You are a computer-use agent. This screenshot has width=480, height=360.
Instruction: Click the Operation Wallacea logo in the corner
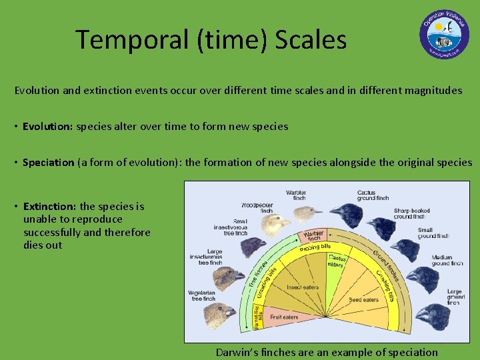point(444,33)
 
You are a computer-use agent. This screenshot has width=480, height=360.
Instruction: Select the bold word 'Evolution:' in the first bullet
point(48,126)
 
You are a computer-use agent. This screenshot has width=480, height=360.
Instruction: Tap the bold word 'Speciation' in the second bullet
point(49,162)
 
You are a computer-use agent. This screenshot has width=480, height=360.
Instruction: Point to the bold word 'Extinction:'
point(50,207)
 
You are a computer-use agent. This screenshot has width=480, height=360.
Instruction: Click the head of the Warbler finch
point(307,213)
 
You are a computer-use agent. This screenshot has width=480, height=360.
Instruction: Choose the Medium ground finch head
point(421,275)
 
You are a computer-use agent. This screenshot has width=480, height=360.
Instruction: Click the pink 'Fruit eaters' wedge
point(283,317)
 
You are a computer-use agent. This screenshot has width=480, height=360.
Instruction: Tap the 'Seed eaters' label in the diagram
point(363,300)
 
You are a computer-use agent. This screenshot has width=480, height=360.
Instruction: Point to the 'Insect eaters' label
point(302,287)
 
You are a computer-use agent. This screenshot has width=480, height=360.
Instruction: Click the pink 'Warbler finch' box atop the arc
point(314,236)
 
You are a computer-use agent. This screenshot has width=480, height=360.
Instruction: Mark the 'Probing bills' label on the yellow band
point(315,248)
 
